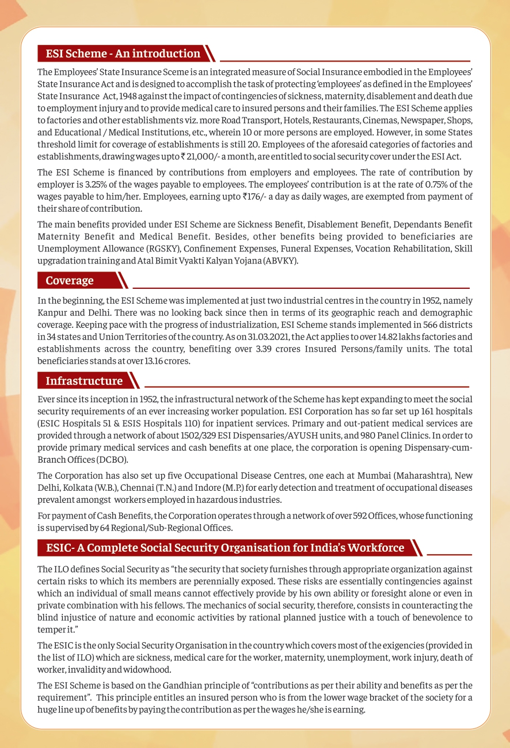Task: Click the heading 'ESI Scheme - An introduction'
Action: [123, 54]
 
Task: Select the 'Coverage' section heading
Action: [70, 280]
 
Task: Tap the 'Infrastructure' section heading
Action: [84, 381]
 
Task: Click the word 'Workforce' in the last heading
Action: [378, 548]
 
